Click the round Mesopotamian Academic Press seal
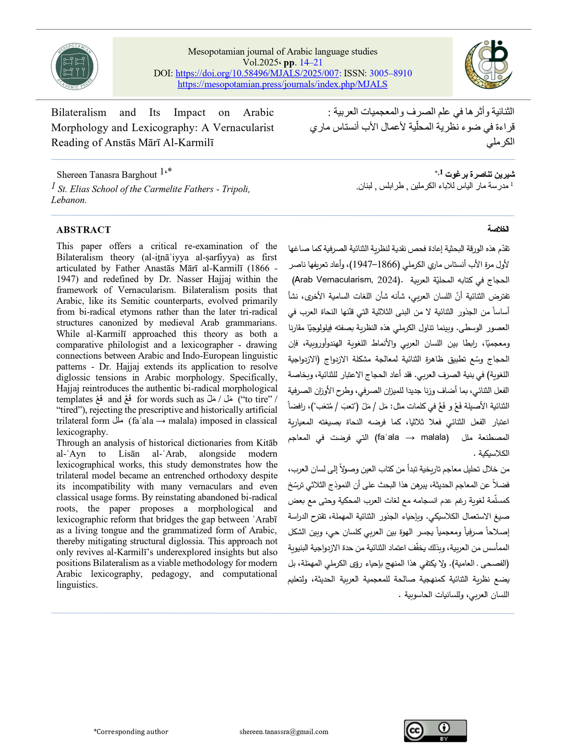[74, 66]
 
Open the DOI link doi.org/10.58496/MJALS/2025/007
[258, 73]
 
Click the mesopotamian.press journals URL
[282, 84]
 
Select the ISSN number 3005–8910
[391, 73]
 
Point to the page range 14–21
[311, 62]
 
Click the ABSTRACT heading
[83, 230]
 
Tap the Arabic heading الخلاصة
[498, 229]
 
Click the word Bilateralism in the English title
[79, 112]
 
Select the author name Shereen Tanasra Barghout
[106, 175]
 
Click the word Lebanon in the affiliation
[68, 200]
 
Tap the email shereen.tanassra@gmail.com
[284, 731]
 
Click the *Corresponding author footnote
[131, 731]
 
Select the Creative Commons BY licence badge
[435, 731]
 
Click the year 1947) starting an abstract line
[68, 279]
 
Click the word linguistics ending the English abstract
[77, 585]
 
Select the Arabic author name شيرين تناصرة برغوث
[480, 174]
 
